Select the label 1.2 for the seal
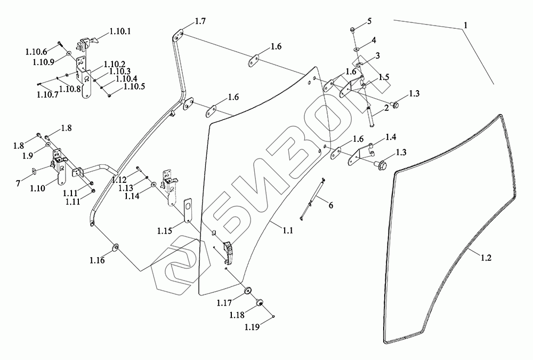486,258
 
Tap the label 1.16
96,261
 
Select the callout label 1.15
164,230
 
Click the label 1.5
384,77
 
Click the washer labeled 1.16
115,247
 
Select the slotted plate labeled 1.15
187,212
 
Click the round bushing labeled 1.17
248,291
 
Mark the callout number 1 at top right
465,25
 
